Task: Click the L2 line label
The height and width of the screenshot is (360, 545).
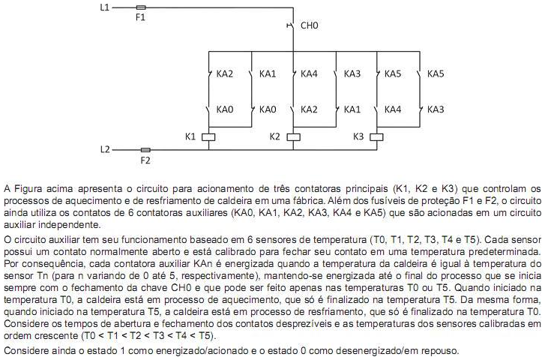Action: click(x=106, y=149)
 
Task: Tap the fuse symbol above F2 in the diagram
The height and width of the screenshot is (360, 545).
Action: click(x=145, y=150)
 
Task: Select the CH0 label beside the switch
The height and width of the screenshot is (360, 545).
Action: click(x=310, y=25)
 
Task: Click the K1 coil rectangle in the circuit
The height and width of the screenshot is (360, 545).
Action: click(x=211, y=137)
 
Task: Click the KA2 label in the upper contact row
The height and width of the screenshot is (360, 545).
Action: click(x=225, y=74)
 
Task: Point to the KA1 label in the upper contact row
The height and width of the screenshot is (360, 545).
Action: click(x=268, y=74)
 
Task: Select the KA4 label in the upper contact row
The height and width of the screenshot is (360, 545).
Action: click(x=310, y=74)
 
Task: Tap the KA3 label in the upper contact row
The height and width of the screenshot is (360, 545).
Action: click(x=352, y=74)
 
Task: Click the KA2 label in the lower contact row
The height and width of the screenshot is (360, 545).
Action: click(x=310, y=109)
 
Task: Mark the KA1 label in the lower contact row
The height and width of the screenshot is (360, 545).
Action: click(x=352, y=109)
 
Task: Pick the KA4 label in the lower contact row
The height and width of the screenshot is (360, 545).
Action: click(x=394, y=109)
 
